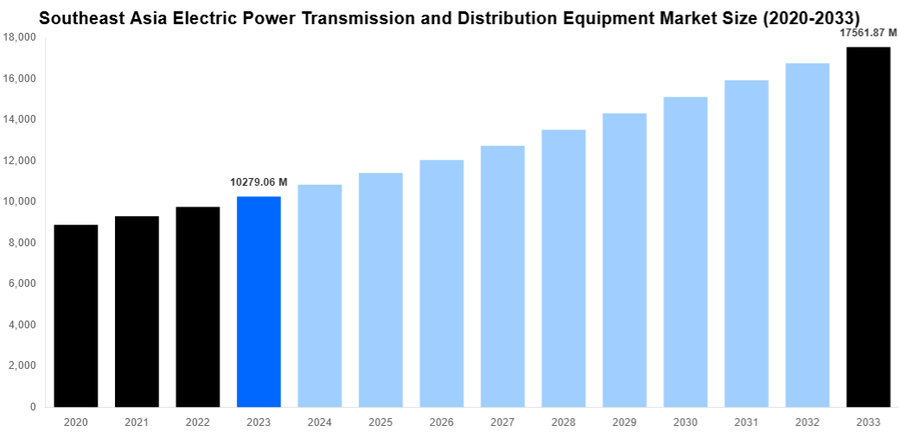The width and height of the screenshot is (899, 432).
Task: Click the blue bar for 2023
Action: [x=258, y=302]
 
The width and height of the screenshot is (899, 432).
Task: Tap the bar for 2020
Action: [x=76, y=315]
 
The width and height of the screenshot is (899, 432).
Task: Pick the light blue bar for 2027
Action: [x=502, y=276]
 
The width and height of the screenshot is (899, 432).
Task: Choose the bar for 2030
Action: [x=685, y=251]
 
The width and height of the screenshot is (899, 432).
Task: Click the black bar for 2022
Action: [x=198, y=307]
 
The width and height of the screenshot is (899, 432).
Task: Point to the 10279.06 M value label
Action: [x=258, y=182]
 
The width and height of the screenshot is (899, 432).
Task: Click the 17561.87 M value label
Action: [x=868, y=33]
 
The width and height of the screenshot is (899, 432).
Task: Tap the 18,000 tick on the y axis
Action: [x=20, y=38]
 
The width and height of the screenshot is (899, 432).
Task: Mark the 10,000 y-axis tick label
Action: [x=20, y=202]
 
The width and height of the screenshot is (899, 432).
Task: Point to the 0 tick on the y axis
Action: [x=32, y=407]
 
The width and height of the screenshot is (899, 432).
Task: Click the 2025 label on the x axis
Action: [x=380, y=422]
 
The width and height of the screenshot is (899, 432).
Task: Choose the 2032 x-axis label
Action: [x=807, y=422]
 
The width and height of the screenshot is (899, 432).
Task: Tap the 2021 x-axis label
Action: [x=137, y=422]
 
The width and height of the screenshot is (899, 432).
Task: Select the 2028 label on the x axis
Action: [x=563, y=422]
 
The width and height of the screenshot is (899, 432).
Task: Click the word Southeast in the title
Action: [x=83, y=17]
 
